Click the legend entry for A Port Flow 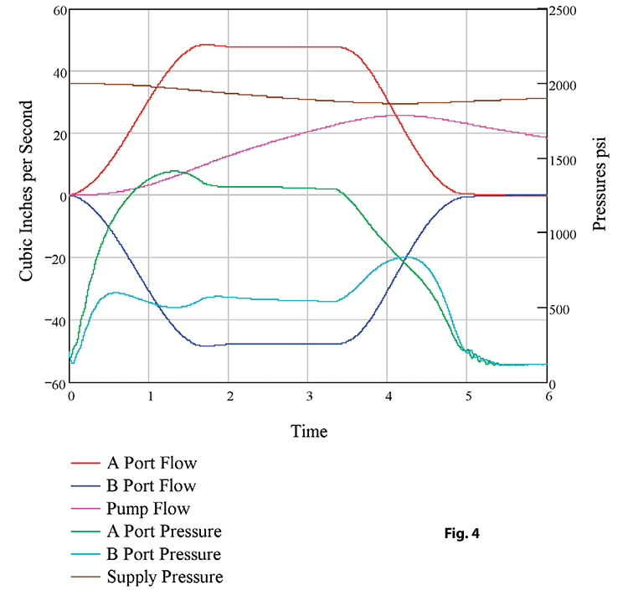(152, 462)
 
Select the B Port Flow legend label (152, 485)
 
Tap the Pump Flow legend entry (148, 508)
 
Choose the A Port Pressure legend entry (164, 531)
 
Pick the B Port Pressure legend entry (164, 554)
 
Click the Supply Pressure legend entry (165, 577)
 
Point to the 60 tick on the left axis (59, 10)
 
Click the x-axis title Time (309, 432)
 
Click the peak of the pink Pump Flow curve (404, 116)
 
